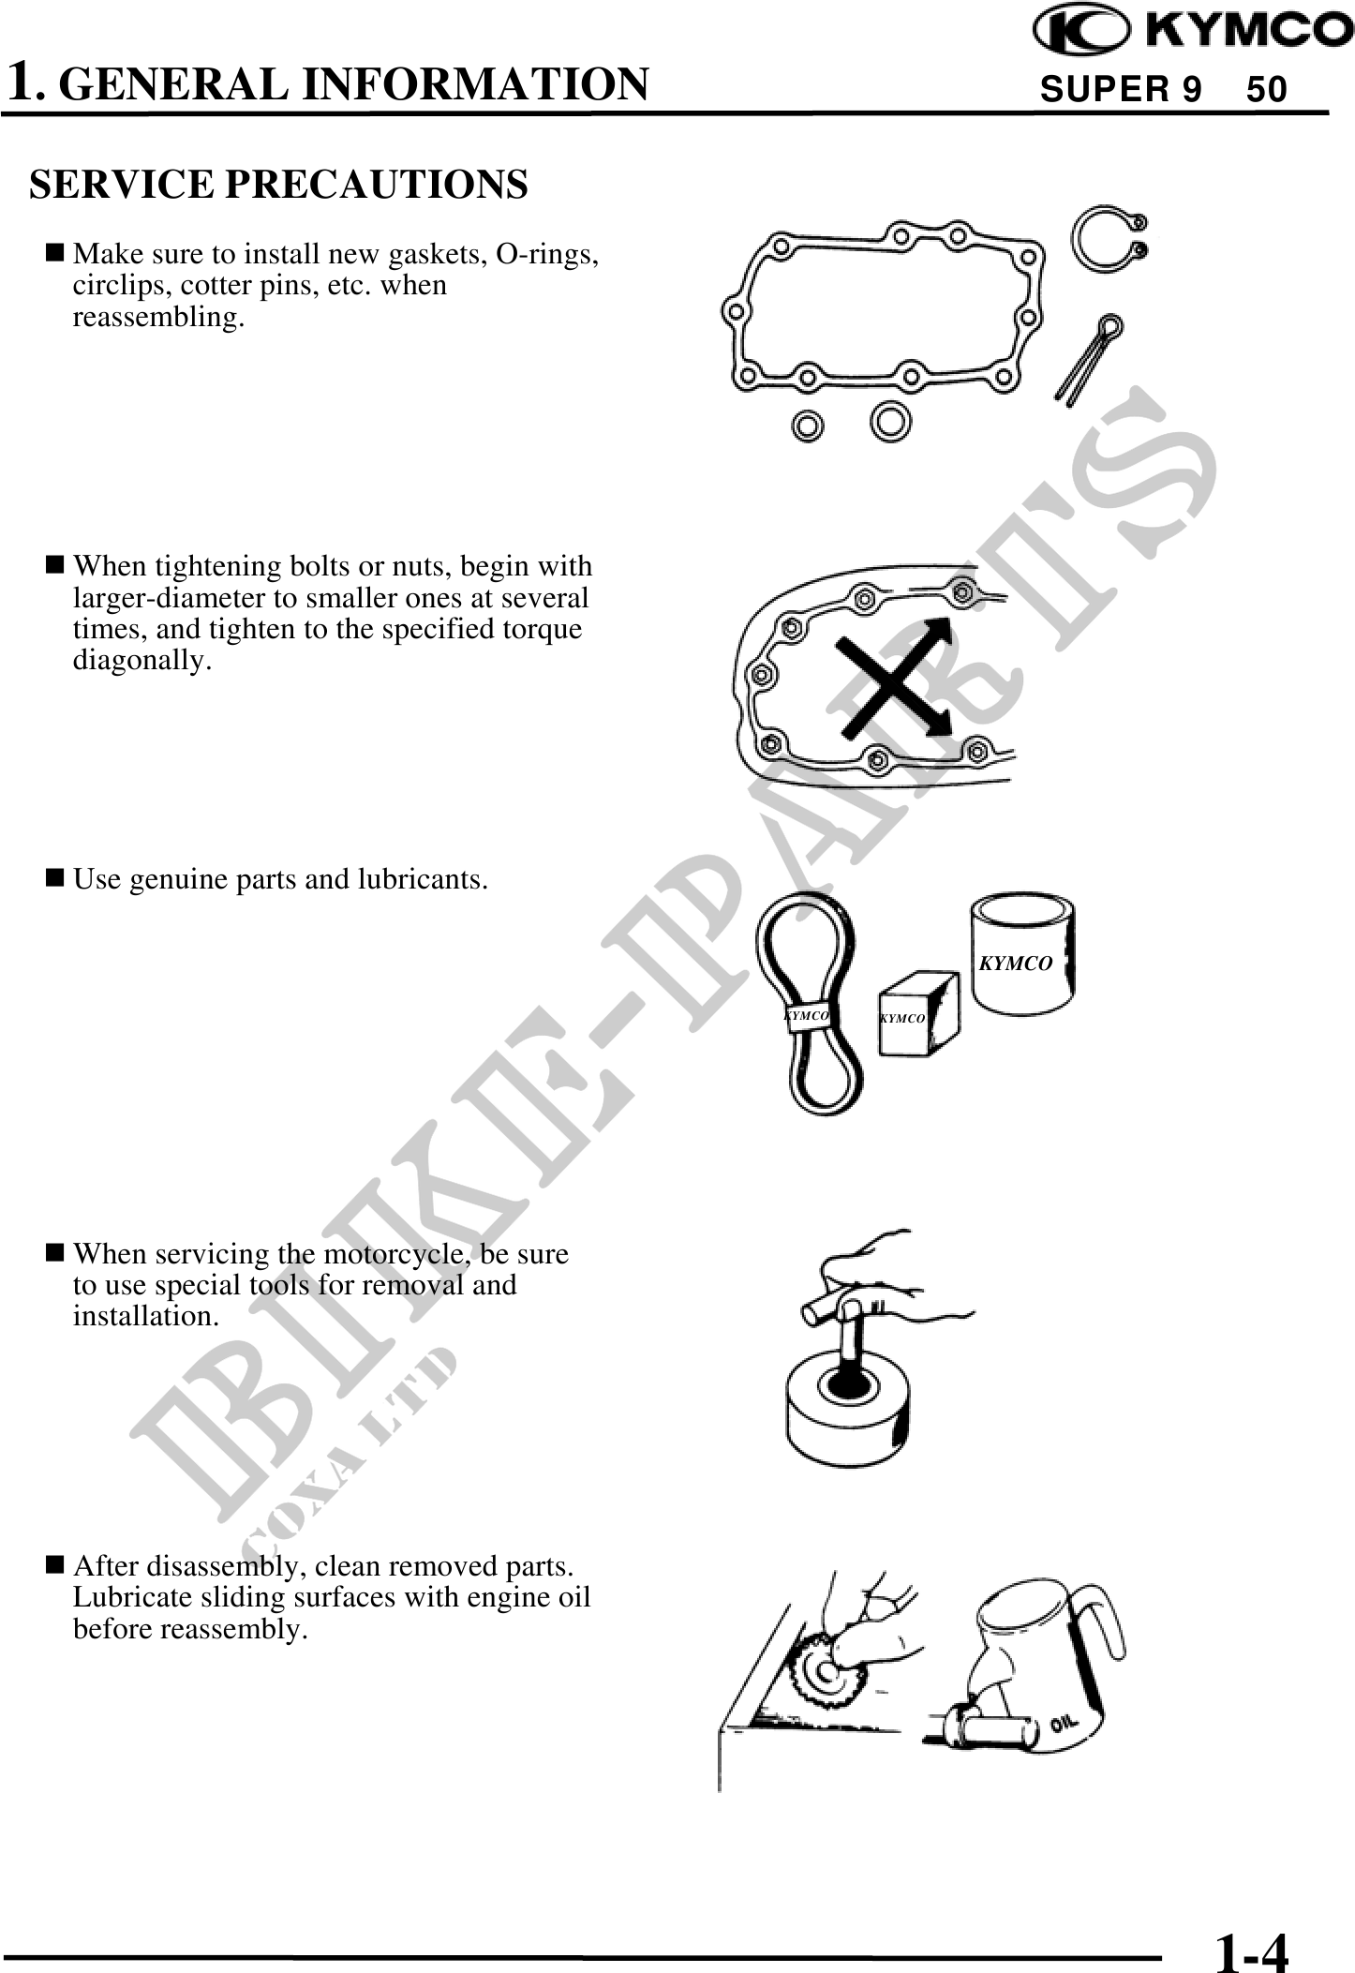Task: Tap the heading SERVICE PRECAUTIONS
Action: point(278,184)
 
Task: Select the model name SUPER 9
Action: point(1121,90)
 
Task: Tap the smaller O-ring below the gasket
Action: point(808,425)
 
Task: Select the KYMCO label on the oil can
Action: point(1016,963)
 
